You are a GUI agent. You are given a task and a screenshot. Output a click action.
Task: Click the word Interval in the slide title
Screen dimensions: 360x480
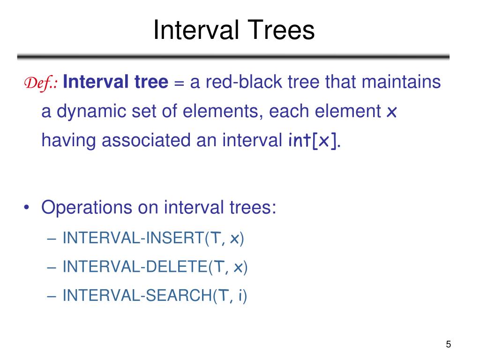point(193,30)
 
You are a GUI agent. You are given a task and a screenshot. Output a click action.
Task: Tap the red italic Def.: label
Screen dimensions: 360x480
point(41,83)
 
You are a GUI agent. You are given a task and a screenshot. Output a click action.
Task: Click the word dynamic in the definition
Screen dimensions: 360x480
point(97,112)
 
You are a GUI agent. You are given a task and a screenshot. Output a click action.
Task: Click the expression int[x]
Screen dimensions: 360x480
point(313,141)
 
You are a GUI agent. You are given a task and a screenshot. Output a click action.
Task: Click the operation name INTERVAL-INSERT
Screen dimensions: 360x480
point(133,239)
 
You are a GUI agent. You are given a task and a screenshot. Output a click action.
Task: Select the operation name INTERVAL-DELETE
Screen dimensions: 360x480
point(135,267)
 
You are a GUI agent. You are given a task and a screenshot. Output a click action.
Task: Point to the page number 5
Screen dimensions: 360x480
point(449,345)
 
